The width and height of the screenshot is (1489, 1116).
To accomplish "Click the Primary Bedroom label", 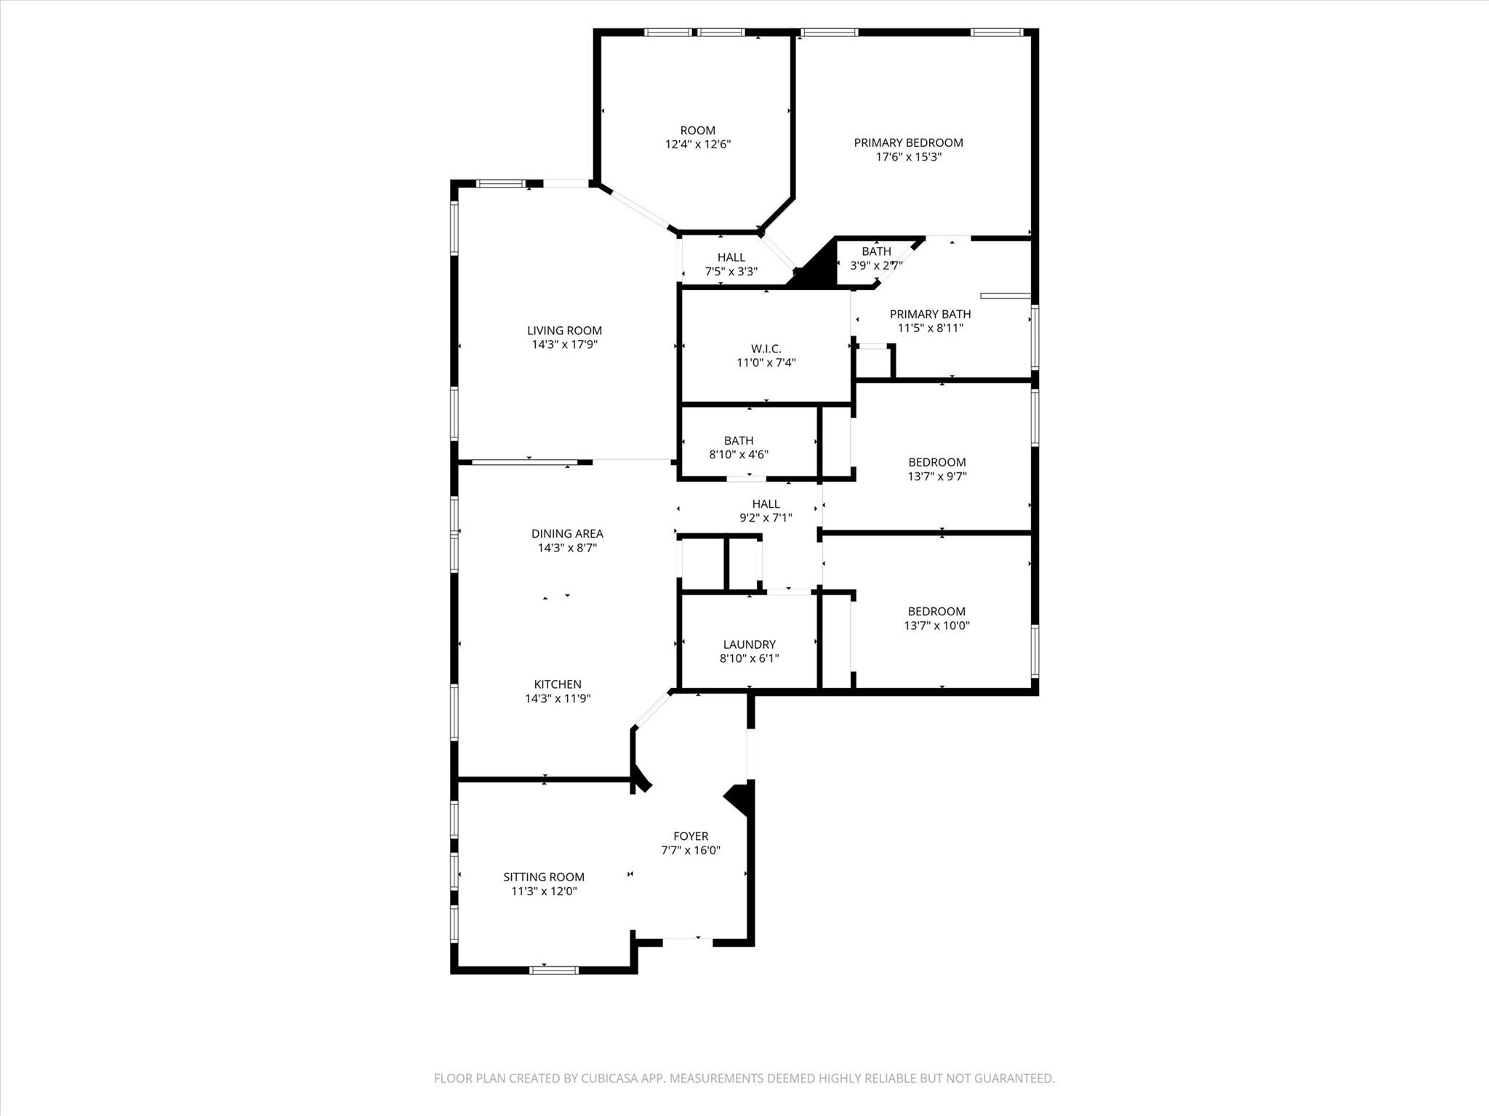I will click(x=908, y=142).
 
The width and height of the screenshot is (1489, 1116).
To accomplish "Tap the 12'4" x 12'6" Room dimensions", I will click(x=697, y=145).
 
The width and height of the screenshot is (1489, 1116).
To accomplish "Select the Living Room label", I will click(x=564, y=331).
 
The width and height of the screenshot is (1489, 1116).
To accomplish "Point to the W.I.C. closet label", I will click(x=766, y=349).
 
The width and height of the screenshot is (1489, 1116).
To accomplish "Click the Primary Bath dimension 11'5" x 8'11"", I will click(x=930, y=328).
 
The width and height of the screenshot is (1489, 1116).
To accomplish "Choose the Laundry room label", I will click(x=749, y=644).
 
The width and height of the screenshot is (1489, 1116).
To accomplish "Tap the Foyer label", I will click(x=690, y=836).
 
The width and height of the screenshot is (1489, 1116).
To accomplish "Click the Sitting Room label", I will click(x=543, y=877).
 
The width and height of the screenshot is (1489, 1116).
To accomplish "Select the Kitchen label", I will click(x=558, y=684).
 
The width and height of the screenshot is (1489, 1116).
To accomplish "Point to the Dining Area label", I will click(x=567, y=533).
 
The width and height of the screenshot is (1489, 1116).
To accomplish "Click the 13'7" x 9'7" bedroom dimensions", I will click(x=936, y=477).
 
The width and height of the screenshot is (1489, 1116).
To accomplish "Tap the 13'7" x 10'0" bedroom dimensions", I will click(x=936, y=626).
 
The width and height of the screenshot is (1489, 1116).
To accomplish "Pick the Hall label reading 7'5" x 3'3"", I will click(x=731, y=257).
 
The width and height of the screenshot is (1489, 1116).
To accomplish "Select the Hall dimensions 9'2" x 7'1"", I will click(x=766, y=518).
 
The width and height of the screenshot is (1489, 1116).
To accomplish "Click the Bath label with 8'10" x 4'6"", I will click(x=738, y=441).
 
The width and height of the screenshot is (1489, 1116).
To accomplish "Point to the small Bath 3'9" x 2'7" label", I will click(x=876, y=251).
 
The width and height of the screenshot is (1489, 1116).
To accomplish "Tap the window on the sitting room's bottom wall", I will click(x=553, y=970).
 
